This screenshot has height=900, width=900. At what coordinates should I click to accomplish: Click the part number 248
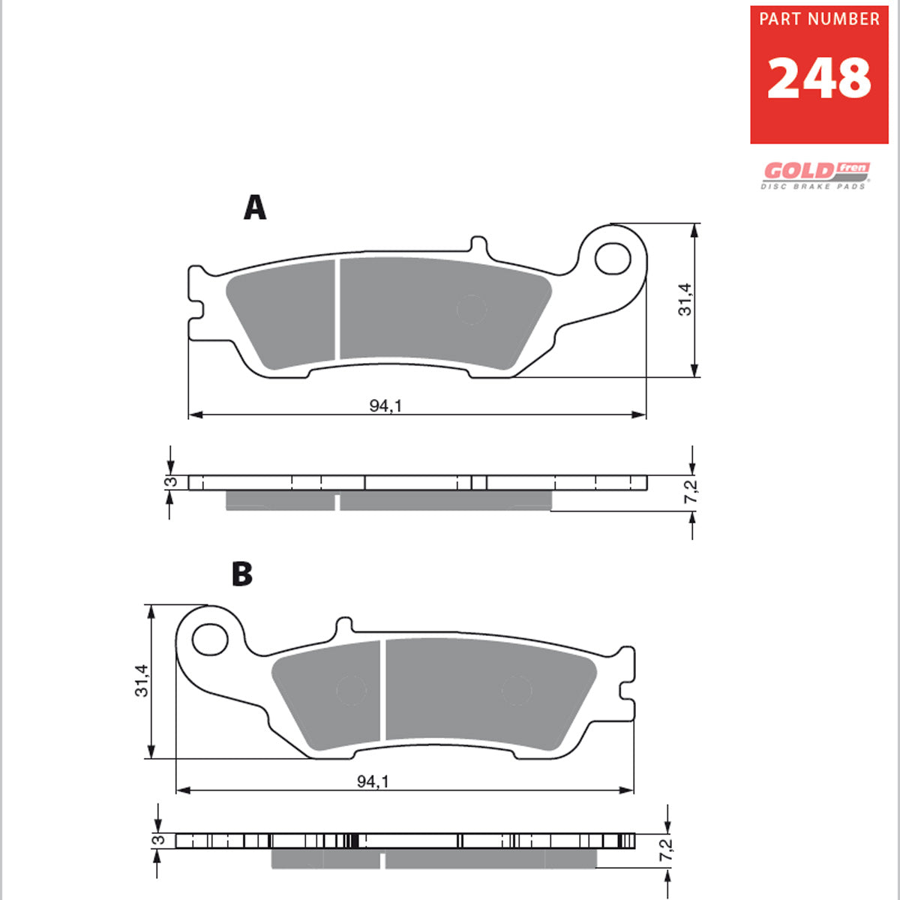[819, 78]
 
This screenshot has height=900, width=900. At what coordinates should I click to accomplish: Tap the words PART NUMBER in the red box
[819, 19]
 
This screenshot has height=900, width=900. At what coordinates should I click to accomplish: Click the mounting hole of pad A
[613, 258]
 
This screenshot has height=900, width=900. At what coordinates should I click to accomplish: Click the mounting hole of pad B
[210, 639]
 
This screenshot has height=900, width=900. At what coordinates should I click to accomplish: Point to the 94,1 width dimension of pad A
[385, 406]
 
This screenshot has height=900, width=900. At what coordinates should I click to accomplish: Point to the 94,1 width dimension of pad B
[373, 781]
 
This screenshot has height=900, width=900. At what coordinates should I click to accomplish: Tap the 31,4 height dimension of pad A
[685, 299]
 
